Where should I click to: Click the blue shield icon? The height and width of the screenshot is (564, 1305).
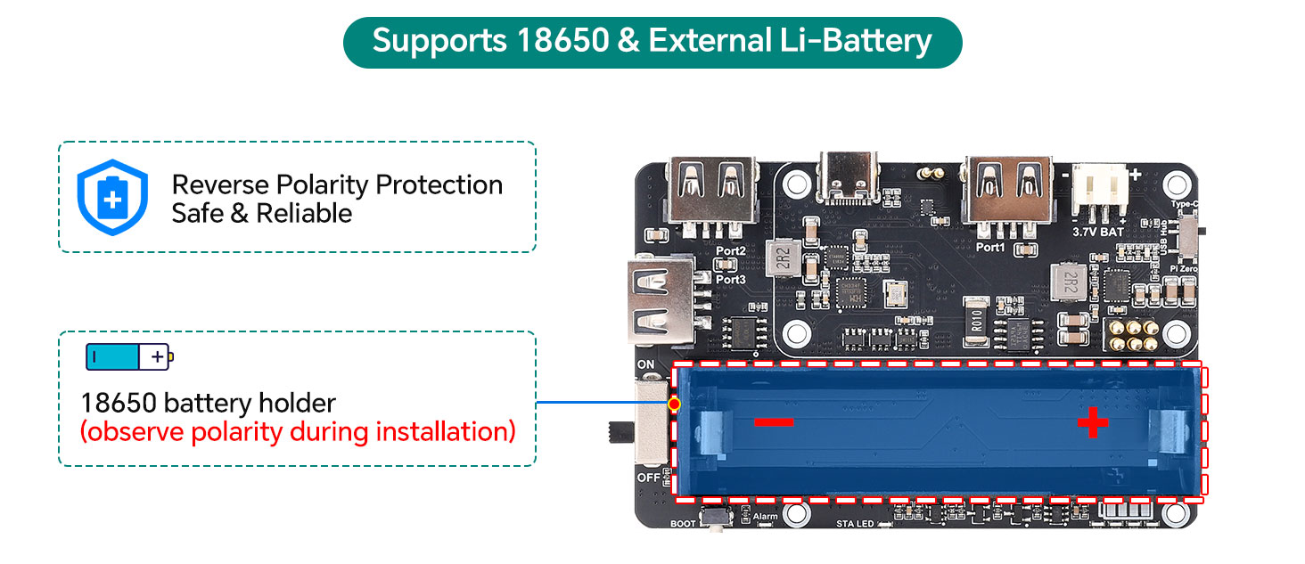(x=111, y=197)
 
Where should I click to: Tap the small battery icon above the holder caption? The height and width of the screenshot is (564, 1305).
(x=129, y=356)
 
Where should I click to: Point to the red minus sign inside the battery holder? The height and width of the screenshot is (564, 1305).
(x=774, y=421)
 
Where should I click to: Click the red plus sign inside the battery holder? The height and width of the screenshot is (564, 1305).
(x=1093, y=423)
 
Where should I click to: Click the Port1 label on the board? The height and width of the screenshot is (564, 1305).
(x=990, y=247)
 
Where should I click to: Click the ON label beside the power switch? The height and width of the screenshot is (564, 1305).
(x=646, y=365)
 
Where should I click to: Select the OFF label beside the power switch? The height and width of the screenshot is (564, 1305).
(x=647, y=478)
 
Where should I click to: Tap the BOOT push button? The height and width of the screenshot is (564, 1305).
(x=714, y=517)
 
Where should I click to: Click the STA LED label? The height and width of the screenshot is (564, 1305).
(x=855, y=524)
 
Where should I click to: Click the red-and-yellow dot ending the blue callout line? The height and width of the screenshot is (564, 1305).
(x=674, y=404)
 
